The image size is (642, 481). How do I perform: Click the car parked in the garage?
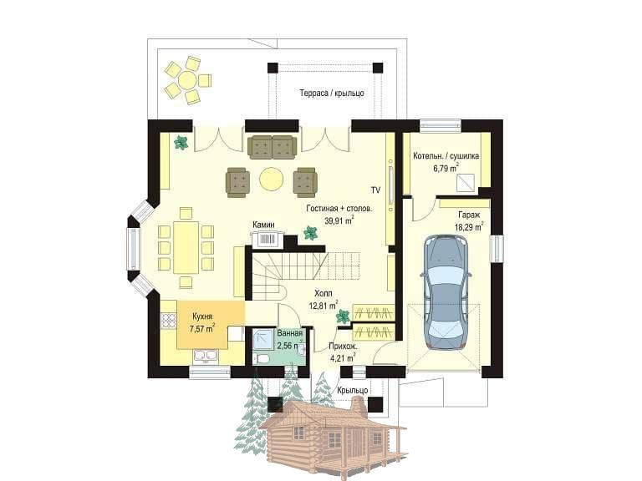pos(446,292)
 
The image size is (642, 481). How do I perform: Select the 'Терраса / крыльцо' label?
pos(332,93)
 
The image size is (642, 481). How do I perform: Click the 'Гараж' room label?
pos(469,215)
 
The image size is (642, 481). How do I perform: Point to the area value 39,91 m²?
pos(339,221)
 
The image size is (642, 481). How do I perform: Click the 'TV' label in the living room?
pos(375,190)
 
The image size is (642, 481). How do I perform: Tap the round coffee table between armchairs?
pos(271,179)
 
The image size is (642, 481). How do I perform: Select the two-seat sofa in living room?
pos(272,147)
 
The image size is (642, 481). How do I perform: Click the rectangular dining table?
pos(186,247)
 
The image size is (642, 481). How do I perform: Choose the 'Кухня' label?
pos(202,316)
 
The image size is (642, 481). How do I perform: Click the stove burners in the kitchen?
pos(168,321)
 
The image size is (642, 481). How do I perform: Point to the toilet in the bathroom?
pos(261,360)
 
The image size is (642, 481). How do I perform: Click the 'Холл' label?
pos(324,293)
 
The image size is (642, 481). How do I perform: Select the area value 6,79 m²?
pos(446,168)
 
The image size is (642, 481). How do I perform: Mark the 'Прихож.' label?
pos(343,347)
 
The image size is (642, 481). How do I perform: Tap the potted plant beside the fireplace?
pos(311,233)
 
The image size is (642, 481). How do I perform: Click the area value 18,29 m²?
pos(469,227)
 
